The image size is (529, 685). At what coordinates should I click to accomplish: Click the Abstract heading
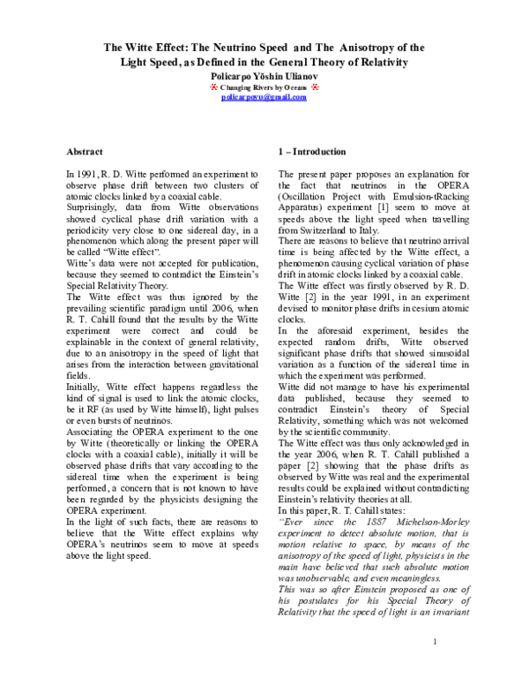pos(91,152)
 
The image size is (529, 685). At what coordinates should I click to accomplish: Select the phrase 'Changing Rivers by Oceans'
pos(264,91)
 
